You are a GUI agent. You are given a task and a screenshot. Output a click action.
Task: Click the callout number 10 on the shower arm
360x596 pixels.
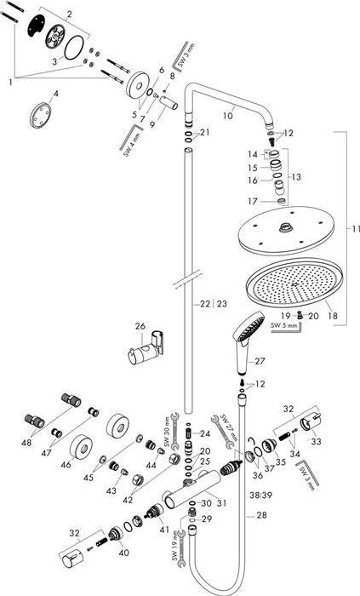pyautogui.click(x=226, y=114)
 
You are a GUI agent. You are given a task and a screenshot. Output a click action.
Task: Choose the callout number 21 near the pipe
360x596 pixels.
pyautogui.click(x=204, y=132)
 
